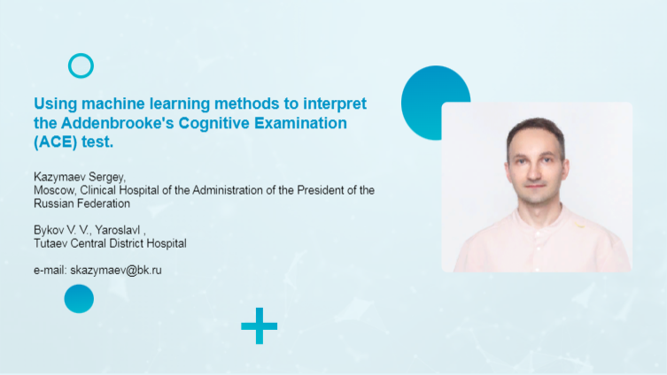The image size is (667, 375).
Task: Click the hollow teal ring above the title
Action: coord(81,65)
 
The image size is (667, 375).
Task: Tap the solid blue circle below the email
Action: coord(79,299)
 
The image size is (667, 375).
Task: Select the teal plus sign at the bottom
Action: coord(259,326)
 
